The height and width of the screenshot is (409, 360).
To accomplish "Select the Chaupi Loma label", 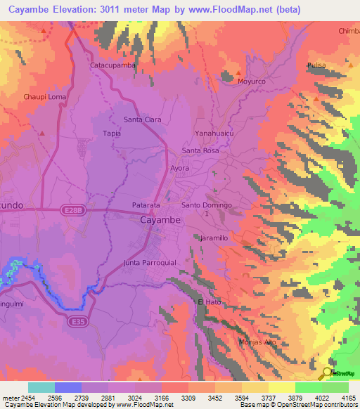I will click(x=44, y=96).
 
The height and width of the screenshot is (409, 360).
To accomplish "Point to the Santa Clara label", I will click(x=143, y=119).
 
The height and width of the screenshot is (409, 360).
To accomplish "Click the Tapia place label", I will click(x=112, y=133).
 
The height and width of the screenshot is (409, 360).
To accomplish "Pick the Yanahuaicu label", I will click(x=214, y=133).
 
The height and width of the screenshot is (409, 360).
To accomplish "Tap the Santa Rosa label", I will click(x=201, y=151).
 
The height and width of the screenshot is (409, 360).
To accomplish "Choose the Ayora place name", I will click(x=181, y=169).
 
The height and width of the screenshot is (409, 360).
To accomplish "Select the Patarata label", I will click(x=147, y=205).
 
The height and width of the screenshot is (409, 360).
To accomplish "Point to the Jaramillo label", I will click(x=214, y=239).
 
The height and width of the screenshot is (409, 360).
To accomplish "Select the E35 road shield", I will click(x=78, y=320).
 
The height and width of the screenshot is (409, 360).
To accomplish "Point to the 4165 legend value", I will click(x=349, y=397).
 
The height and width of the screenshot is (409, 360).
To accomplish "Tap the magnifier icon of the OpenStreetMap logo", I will click(x=327, y=373).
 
